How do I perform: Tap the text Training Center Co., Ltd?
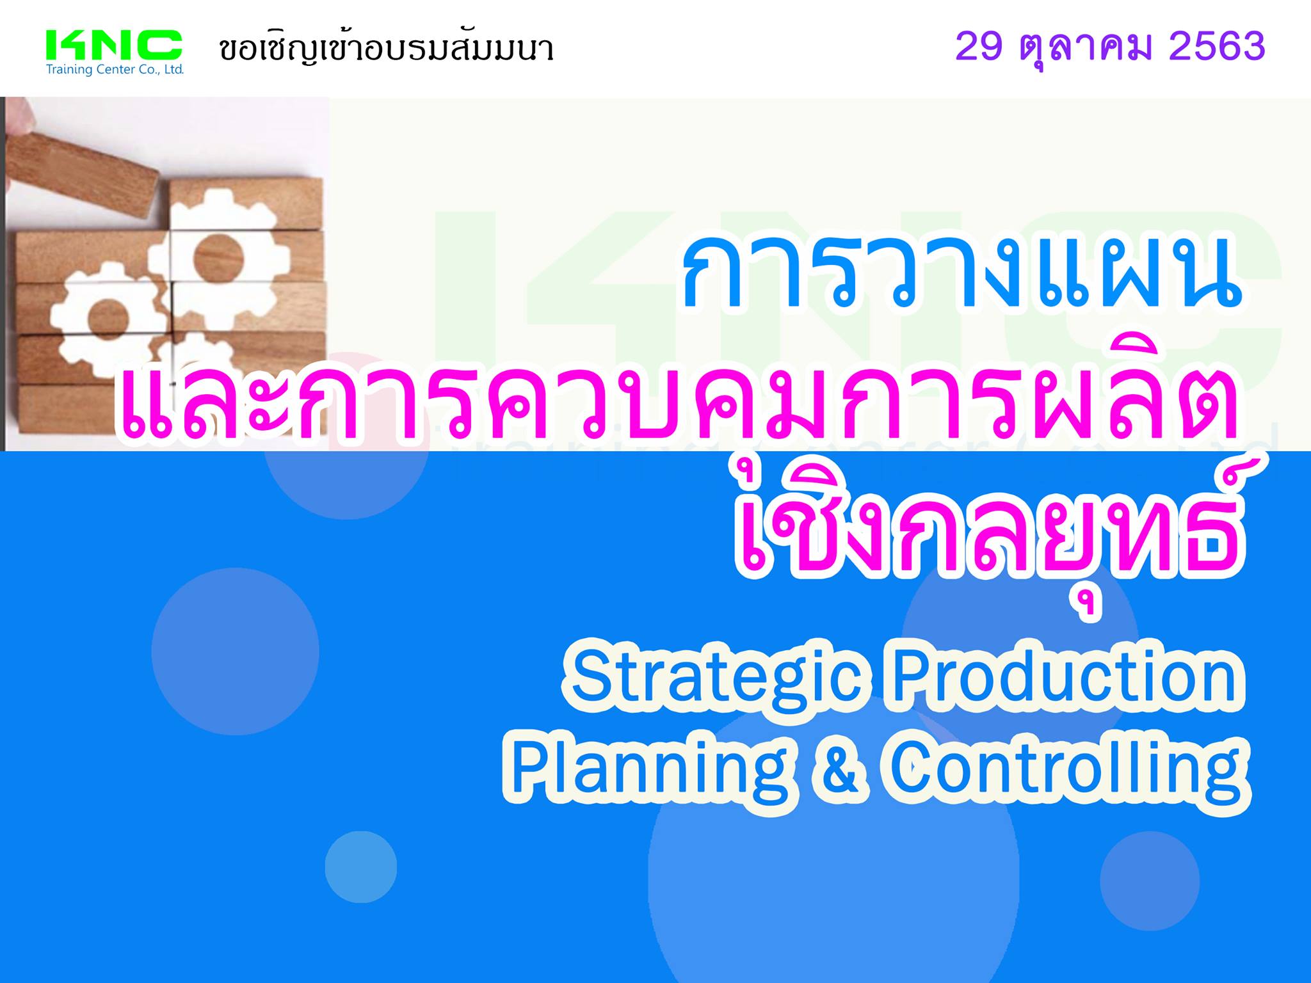pyautogui.click(x=115, y=70)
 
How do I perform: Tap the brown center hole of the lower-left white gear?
pyautogui.click(x=104, y=318)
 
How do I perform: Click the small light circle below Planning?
pyautogui.click(x=361, y=867)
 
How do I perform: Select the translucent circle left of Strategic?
pyautogui.click(x=236, y=651)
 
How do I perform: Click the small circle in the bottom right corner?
pyautogui.click(x=1150, y=881)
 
